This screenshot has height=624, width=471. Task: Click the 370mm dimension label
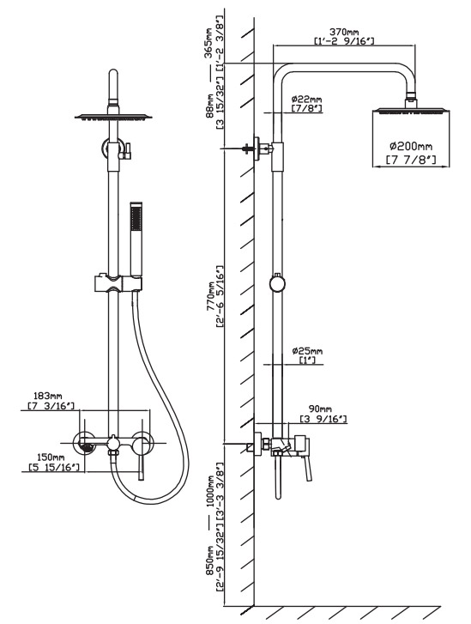tap(344, 32)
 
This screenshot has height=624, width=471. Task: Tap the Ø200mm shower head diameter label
tap(411, 147)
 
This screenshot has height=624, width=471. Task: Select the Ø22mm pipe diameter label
tap(306, 99)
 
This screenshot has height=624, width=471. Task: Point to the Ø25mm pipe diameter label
tap(306, 351)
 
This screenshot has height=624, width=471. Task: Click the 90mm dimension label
tap(322, 409)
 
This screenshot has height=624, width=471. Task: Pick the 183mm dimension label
tap(48, 396)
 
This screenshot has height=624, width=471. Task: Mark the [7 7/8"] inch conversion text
tap(411, 160)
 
